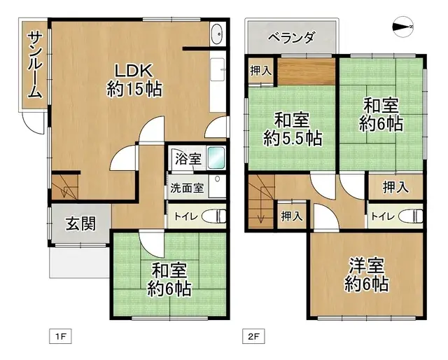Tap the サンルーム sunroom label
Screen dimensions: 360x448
pyautogui.click(x=34, y=65)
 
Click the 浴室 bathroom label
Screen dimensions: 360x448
pyautogui.click(x=188, y=158)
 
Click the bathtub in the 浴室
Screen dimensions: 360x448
pyautogui.click(x=216, y=158)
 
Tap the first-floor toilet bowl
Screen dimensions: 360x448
pyautogui.click(x=218, y=214)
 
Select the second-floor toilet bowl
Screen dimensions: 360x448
pyautogui.click(x=414, y=214)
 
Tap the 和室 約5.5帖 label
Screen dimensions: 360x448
pyautogui.click(x=293, y=128)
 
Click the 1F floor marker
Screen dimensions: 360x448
pyautogui.click(x=60, y=337)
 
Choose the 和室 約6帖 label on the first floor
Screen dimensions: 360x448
pyautogui.click(x=169, y=279)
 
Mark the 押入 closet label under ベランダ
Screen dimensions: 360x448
pyautogui.click(x=262, y=70)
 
